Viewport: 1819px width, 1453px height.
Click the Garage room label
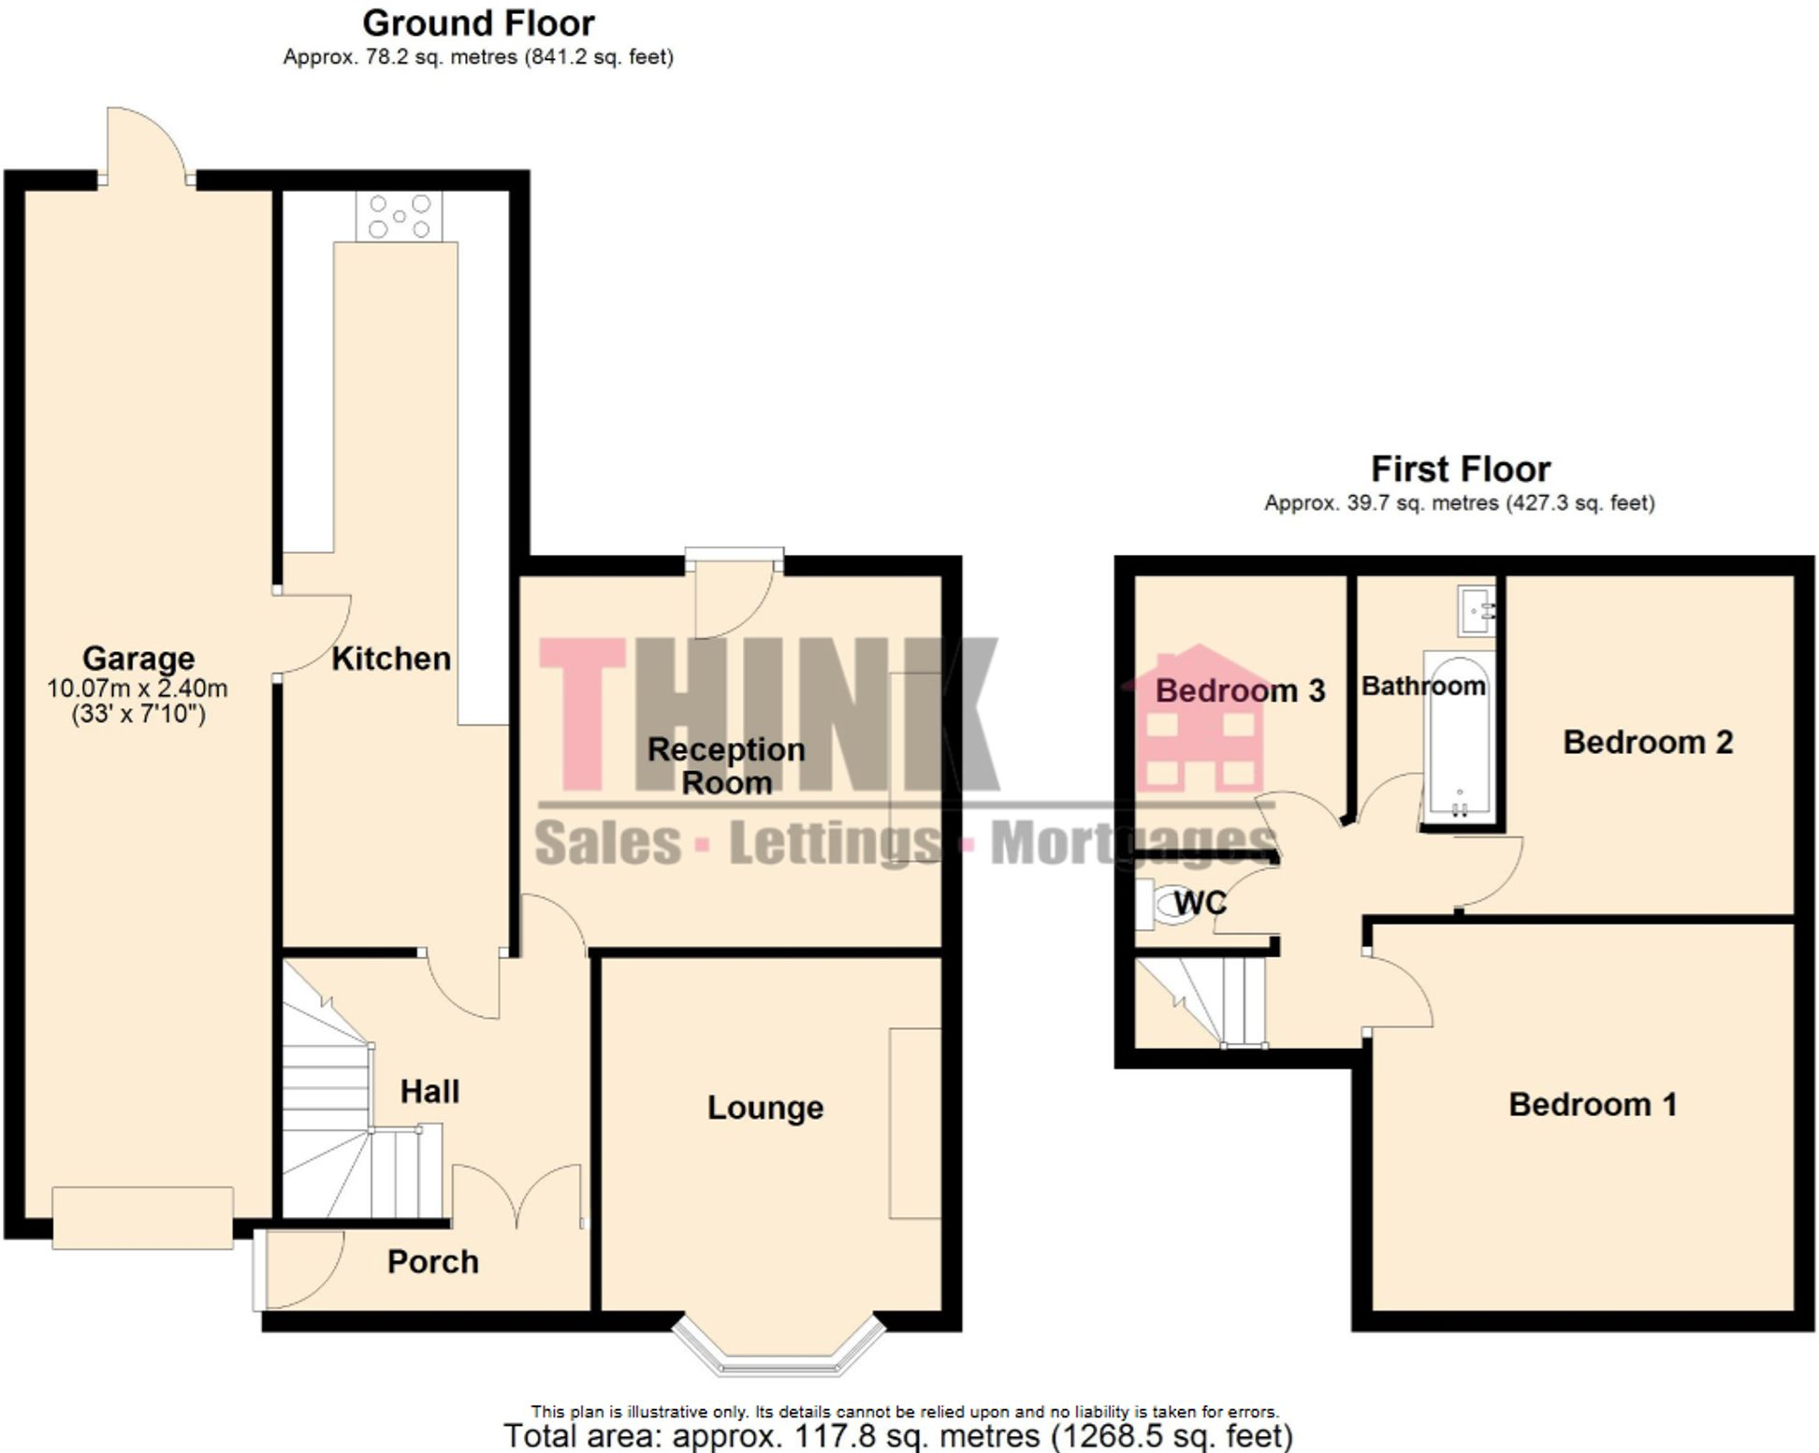(138, 659)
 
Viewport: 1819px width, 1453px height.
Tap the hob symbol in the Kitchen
(400, 216)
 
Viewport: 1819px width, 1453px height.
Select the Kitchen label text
(391, 659)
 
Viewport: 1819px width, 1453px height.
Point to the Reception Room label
(726, 765)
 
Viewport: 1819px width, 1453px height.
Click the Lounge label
(765, 1108)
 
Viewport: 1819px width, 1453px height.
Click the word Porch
(432, 1262)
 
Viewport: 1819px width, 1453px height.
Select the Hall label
(429, 1092)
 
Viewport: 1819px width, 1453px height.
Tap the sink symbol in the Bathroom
(1477, 610)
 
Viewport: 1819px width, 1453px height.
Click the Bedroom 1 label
(1592, 1105)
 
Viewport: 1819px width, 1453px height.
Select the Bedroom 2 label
(1648, 743)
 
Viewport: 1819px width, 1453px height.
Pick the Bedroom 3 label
(1240, 691)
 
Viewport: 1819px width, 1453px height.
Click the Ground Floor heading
(478, 23)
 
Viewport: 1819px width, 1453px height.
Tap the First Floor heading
(1460, 469)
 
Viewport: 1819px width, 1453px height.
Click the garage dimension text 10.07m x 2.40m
(138, 690)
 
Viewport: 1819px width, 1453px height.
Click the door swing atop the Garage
(147, 144)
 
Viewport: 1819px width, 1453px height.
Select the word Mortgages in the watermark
(1133, 842)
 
